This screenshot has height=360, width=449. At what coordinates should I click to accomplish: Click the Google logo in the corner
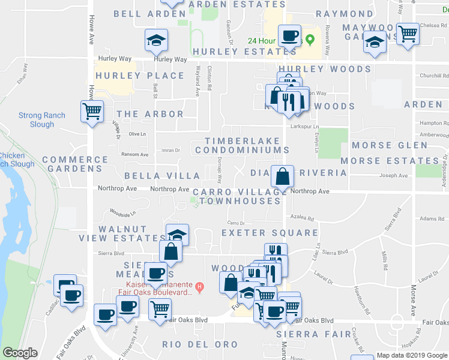tap(20, 353)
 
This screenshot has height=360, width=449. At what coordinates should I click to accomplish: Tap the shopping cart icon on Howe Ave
tap(92, 110)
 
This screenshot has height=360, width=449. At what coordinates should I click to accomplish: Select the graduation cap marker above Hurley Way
tap(157, 40)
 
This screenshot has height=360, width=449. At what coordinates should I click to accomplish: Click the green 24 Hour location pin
tap(310, 41)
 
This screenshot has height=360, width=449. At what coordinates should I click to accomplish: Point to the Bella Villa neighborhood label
tap(161, 176)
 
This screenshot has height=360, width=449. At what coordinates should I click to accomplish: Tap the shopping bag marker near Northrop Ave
tap(282, 176)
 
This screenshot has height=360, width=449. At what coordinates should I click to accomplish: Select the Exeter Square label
tap(270, 232)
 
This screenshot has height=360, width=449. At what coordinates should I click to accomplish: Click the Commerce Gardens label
tap(74, 164)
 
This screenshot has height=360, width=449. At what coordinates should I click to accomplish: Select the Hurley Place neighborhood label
tap(139, 76)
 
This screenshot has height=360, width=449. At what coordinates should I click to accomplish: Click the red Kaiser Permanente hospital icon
tap(200, 287)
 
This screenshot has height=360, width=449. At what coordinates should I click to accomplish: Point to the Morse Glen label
tap(390, 145)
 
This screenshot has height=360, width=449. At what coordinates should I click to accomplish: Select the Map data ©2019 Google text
tap(412, 355)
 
